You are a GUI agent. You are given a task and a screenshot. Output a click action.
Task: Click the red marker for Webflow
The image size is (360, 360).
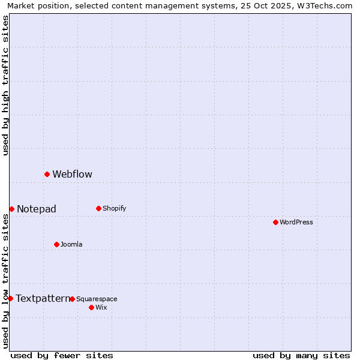(47, 174)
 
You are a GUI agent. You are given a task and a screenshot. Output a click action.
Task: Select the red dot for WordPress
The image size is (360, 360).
(275, 222)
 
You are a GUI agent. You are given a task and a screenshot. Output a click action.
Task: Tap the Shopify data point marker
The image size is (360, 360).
(98, 208)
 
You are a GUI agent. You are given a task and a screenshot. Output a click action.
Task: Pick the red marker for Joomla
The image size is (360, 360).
(56, 244)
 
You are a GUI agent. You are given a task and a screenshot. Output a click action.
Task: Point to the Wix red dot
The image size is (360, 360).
(91, 307)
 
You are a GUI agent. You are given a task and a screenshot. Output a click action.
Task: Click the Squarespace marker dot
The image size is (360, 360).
(72, 299)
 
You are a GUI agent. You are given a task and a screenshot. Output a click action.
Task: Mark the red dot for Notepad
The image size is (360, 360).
(11, 209)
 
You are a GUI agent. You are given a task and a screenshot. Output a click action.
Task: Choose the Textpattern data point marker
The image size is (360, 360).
(10, 298)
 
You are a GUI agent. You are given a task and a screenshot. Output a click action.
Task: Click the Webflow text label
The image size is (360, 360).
(72, 175)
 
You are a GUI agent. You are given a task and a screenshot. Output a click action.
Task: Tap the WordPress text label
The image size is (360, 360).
(296, 222)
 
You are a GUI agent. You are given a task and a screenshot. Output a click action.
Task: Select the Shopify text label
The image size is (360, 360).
(114, 208)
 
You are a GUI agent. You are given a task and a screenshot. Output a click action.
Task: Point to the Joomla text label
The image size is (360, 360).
(71, 244)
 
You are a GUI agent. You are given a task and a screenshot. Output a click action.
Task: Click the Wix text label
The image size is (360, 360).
(101, 307)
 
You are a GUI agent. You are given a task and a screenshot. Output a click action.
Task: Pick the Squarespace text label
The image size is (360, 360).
(97, 299)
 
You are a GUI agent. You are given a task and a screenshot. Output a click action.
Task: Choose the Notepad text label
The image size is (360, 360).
(37, 209)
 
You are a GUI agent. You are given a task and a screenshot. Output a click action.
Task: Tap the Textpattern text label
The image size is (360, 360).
(43, 299)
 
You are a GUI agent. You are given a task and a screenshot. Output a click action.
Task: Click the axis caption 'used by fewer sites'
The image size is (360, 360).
(62, 355)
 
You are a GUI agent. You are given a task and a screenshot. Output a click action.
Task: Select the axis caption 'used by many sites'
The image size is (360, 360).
(301, 355)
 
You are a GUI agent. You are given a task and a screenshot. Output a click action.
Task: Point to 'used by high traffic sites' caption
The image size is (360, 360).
(5, 85)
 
